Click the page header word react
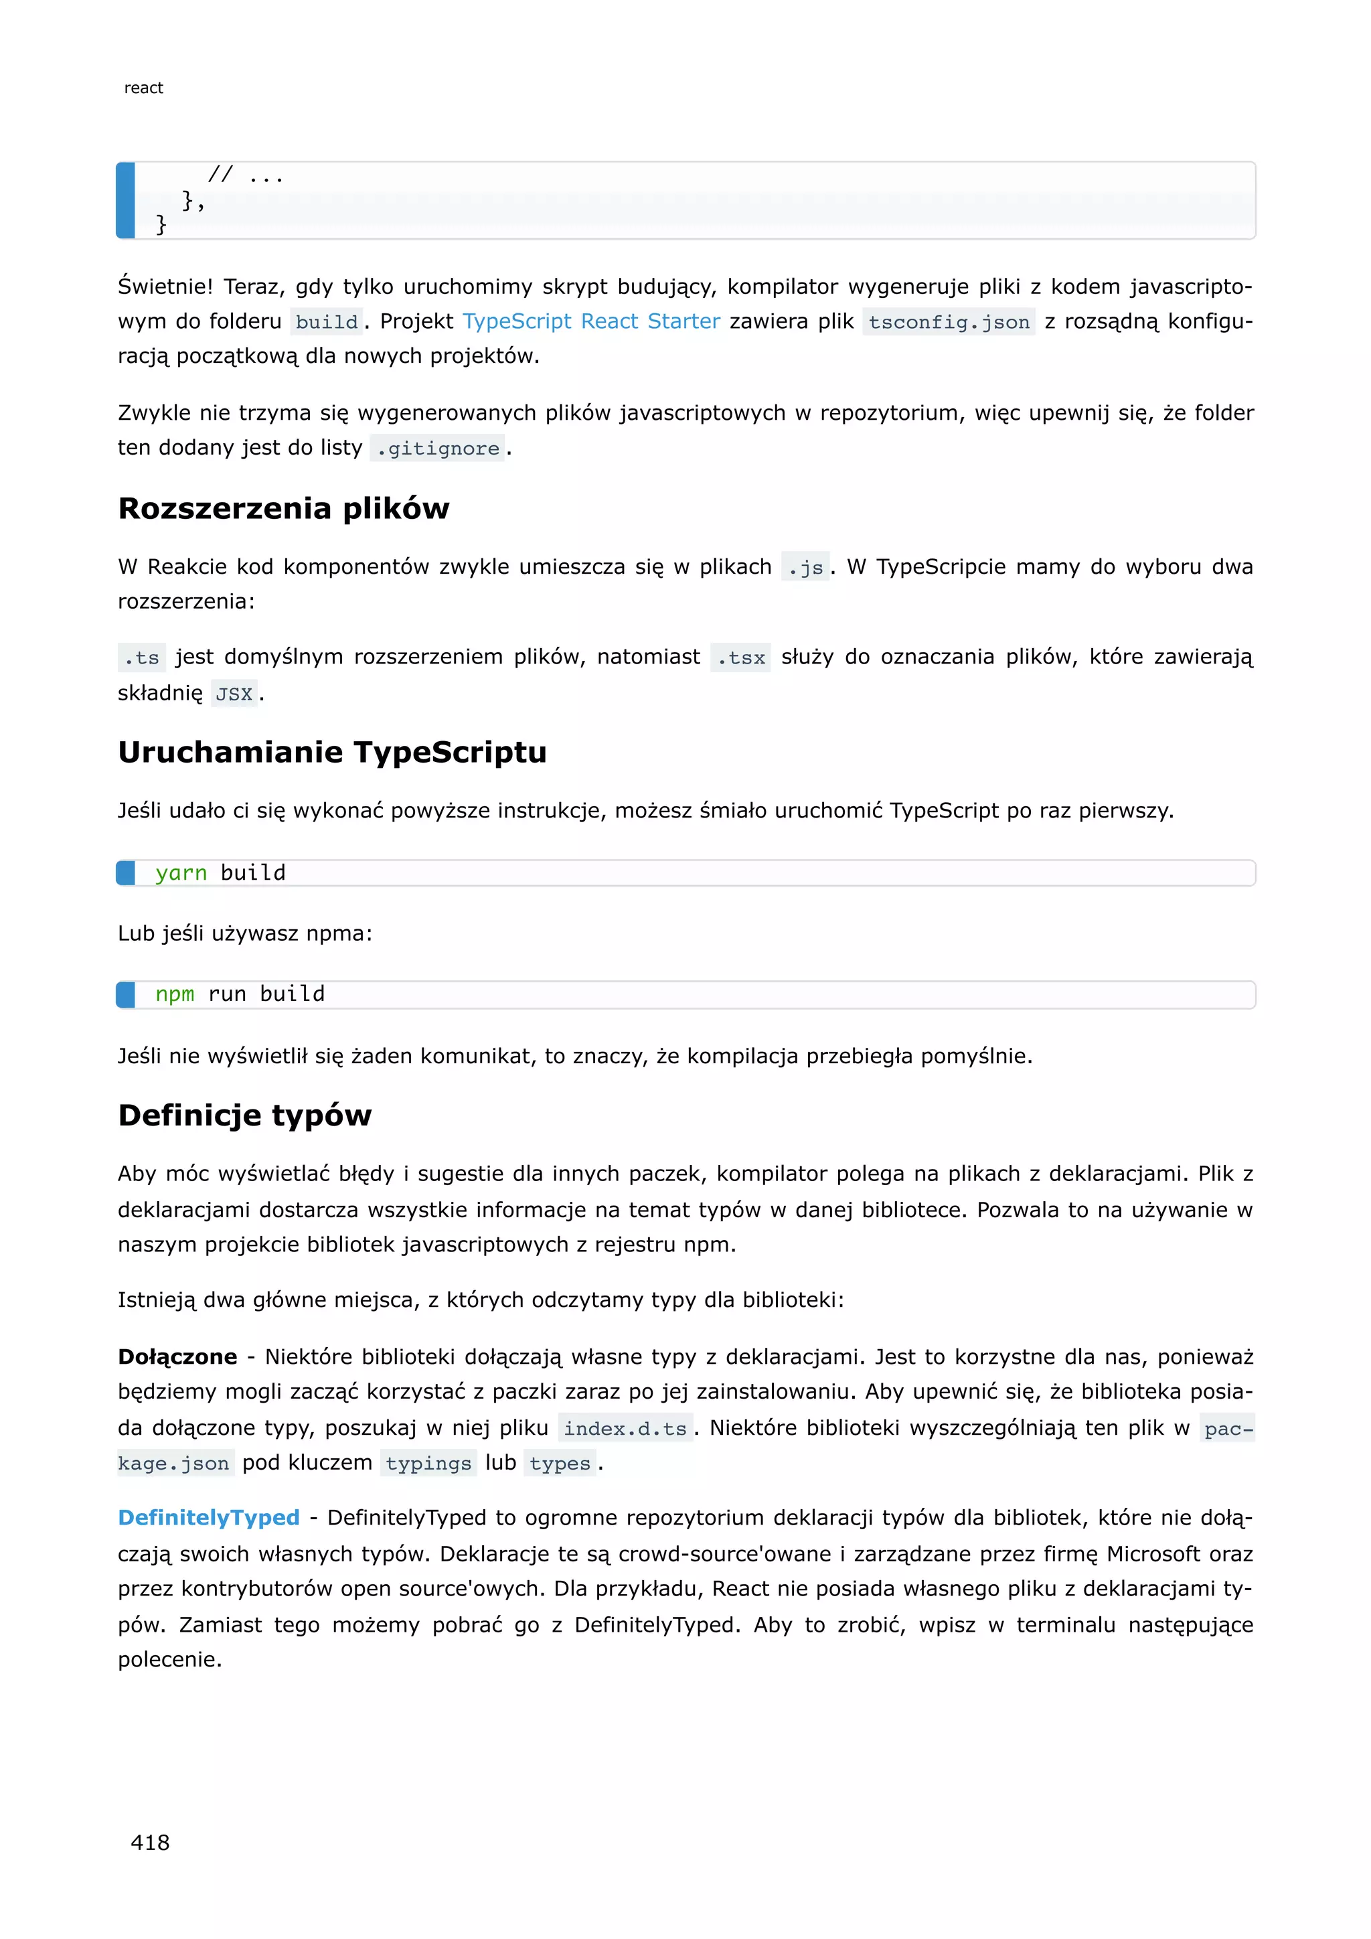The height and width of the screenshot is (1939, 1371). click(143, 88)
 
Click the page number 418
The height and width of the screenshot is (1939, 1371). click(150, 1843)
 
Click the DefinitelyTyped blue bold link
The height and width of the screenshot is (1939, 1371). click(208, 1518)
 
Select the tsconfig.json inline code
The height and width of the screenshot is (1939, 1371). click(948, 323)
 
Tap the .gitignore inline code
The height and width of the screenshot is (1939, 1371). click(437, 449)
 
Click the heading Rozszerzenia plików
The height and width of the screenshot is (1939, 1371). click(284, 508)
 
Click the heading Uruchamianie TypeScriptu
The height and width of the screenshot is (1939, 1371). click(332, 753)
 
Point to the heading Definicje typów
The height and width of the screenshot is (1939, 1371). click(245, 1115)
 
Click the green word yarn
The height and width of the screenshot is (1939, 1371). click(181, 873)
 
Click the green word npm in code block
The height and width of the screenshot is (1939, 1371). click(175, 994)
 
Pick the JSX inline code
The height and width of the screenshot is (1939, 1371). click(234, 694)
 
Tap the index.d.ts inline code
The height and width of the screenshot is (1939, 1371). click(625, 1428)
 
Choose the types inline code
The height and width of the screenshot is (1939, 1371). click(560, 1464)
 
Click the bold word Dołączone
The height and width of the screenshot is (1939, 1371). click(177, 1357)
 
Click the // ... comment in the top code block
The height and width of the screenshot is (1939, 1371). click(245, 175)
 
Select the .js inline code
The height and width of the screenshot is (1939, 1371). click(805, 568)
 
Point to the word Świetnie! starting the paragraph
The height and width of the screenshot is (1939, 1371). click(165, 287)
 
